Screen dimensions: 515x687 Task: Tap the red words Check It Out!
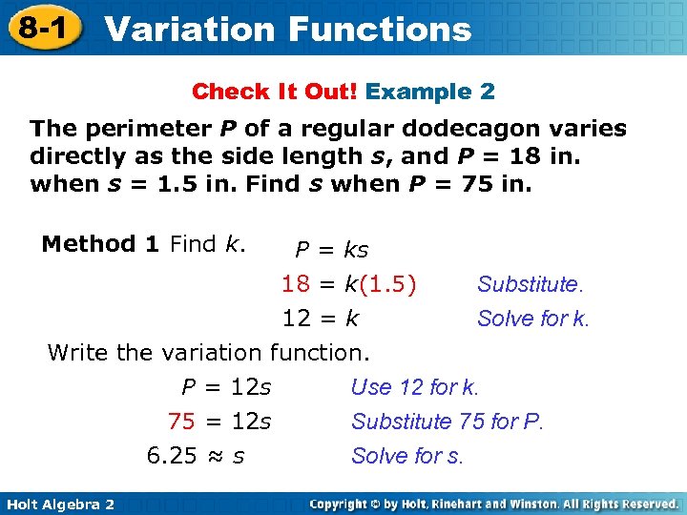[x=275, y=92]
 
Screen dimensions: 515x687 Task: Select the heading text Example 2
[x=430, y=92]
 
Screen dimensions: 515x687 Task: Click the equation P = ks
[x=331, y=250]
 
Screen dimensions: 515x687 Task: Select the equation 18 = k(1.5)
[x=349, y=284]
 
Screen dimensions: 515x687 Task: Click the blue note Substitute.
[x=530, y=284]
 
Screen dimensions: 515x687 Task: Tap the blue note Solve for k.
[x=533, y=319]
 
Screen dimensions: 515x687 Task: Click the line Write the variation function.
[x=208, y=353]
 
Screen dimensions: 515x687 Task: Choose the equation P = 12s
[x=226, y=387]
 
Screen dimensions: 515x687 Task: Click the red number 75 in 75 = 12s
[x=181, y=422]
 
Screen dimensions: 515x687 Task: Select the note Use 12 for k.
[x=414, y=387]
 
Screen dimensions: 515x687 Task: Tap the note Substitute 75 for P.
[x=447, y=422]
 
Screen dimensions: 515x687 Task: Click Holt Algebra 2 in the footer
[x=59, y=504]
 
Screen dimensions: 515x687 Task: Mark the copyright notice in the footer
[x=493, y=504]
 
